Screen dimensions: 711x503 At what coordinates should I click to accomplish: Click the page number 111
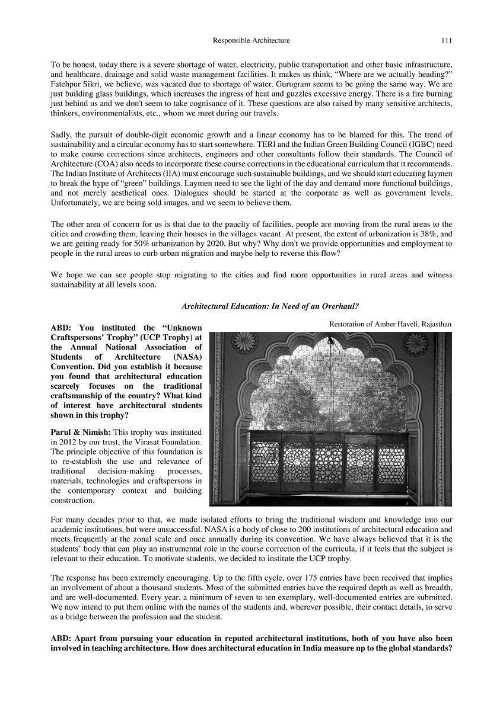[x=447, y=41]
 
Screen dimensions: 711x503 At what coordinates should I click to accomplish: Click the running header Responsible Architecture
[x=251, y=41]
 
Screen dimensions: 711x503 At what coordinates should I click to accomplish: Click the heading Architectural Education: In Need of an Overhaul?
[x=270, y=306]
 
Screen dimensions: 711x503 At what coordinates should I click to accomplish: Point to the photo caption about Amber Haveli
[x=390, y=324]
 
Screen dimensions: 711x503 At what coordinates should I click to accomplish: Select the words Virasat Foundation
[x=172, y=442]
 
